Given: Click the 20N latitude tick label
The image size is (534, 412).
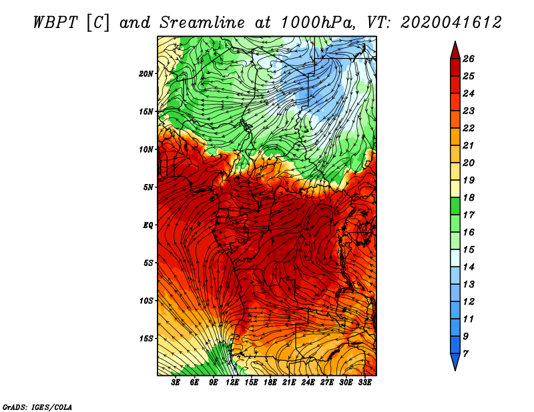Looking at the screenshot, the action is point(146,74).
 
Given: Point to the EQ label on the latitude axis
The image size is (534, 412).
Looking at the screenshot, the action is point(148,225).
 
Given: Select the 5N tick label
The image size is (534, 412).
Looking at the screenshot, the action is point(148,187).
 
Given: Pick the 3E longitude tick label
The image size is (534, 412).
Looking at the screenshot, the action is point(176,383).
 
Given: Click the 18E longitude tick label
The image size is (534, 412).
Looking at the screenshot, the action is point(270,383).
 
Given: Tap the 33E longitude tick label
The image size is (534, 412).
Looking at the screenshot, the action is point(364,383).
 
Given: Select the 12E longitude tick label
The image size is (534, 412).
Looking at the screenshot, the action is point(232,383).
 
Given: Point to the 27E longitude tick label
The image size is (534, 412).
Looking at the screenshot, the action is point(327,383).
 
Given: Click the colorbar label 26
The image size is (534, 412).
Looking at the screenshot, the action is point(469,59).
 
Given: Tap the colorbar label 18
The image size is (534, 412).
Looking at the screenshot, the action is point(469,197).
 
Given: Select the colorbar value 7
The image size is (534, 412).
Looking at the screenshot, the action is point(465,354).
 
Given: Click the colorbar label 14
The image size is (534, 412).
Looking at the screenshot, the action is point(469,267).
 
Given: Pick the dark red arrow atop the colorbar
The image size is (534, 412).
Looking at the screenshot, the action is point(455,51).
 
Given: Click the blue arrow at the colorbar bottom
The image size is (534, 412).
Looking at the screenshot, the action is point(455,362).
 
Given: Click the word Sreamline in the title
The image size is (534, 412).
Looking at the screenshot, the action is point(202,23).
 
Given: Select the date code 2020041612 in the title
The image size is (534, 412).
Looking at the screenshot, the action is point(451,23).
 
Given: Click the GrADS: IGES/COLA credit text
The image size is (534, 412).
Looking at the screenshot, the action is point(37,407).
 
